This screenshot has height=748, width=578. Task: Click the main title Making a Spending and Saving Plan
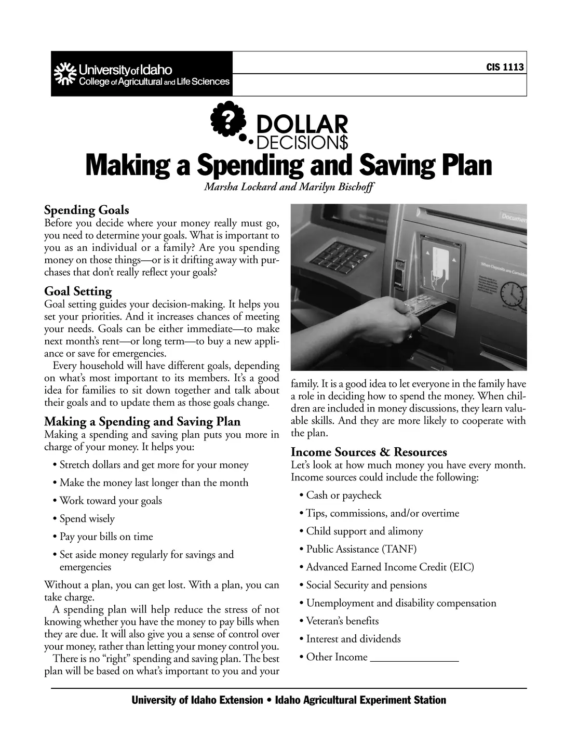(x=289, y=165)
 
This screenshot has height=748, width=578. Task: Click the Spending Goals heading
(x=87, y=210)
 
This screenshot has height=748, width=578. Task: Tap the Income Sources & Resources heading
(x=369, y=452)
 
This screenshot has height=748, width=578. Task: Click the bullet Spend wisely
(x=87, y=519)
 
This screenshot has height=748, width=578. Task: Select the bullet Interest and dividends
(x=353, y=639)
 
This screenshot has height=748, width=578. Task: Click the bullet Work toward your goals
(x=111, y=501)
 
